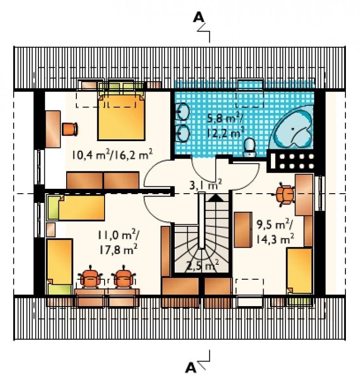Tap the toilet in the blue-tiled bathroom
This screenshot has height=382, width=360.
(250, 147)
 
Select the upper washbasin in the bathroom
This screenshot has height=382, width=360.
(183, 112)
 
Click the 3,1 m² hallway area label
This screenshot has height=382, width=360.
(205, 184)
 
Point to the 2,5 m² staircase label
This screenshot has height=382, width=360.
(202, 265)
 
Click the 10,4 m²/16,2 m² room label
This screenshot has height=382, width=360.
(112, 154)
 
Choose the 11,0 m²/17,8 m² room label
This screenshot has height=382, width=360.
(118, 242)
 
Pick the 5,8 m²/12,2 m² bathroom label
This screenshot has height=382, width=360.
(225, 126)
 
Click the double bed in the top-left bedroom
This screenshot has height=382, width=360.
(121, 112)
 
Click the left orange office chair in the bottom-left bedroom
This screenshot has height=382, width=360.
(90, 277)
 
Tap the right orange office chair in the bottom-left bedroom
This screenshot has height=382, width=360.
(124, 277)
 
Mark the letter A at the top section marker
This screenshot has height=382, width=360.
(198, 18)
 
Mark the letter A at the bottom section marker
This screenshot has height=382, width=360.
(191, 367)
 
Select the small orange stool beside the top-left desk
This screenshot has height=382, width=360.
(70, 129)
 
